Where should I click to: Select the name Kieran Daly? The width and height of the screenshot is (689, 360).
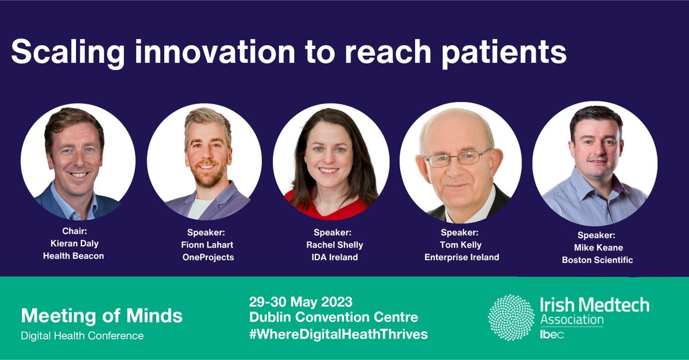[73, 244]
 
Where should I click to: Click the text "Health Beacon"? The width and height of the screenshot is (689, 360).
[73, 256]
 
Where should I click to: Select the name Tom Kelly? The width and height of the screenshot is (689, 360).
[462, 245]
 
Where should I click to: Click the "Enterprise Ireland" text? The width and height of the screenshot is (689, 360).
[462, 257]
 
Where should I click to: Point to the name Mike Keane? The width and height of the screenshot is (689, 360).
[597, 247]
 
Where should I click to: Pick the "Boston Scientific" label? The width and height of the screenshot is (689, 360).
[597, 260]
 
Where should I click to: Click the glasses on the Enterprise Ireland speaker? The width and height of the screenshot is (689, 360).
[458, 158]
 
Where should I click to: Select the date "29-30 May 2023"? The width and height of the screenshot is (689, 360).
[300, 301]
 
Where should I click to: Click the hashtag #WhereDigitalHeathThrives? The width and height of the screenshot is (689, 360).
[338, 334]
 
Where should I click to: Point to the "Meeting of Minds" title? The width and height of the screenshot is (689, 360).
[102, 315]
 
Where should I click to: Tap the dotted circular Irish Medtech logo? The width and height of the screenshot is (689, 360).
[511, 318]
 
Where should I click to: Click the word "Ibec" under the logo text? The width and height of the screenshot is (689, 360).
[552, 335]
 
